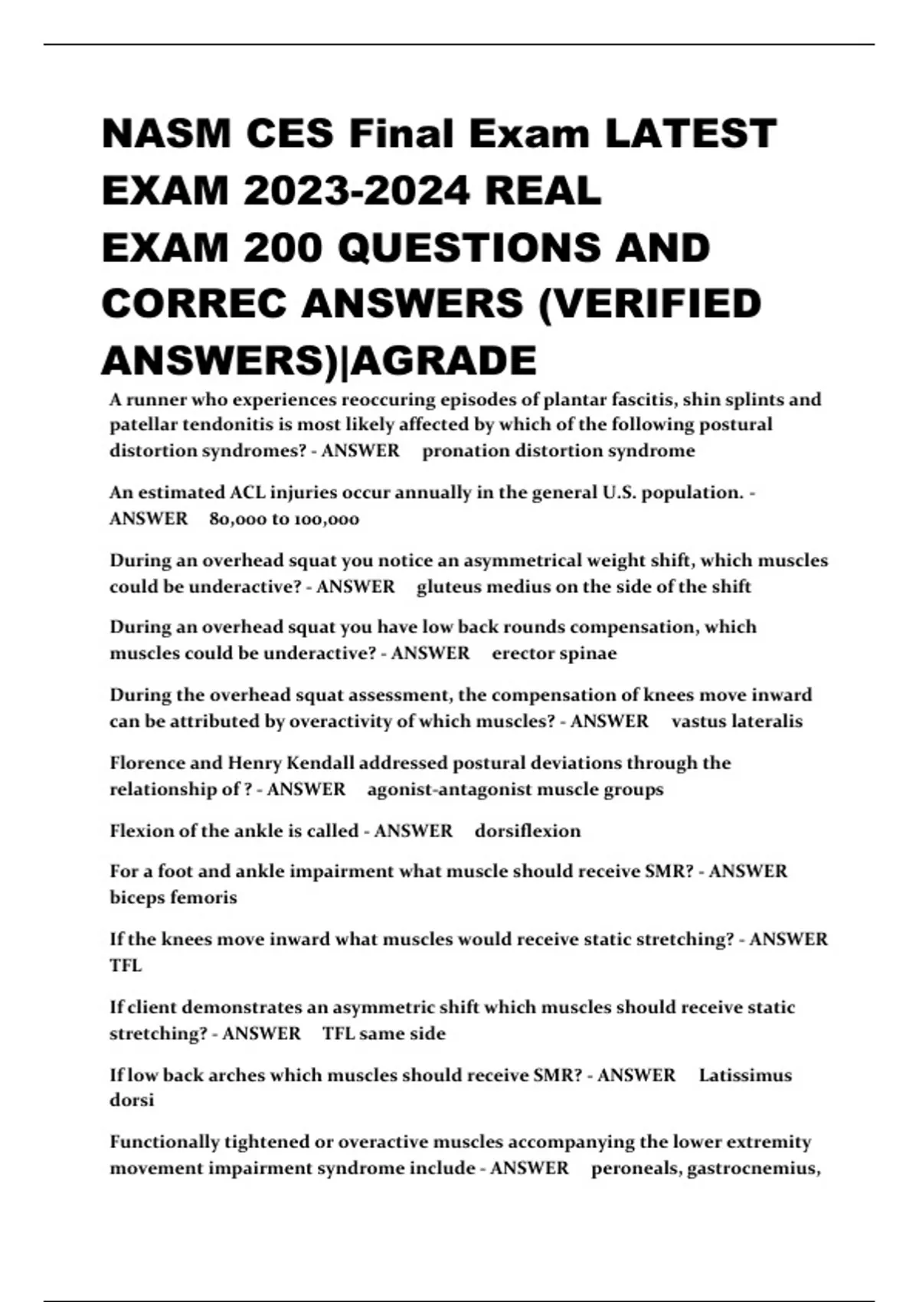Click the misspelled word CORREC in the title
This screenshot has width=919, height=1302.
click(x=195, y=304)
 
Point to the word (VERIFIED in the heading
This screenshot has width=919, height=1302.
click(x=650, y=304)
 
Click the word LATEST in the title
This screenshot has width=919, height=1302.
click(x=690, y=134)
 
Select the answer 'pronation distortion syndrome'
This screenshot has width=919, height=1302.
click(x=558, y=450)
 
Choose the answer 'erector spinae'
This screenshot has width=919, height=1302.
click(x=554, y=653)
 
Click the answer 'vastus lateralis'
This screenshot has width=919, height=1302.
click(x=737, y=721)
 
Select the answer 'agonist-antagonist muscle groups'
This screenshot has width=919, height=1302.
click(x=515, y=789)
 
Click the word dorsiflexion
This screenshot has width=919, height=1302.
click(x=528, y=831)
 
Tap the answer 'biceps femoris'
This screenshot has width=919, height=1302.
click(x=173, y=897)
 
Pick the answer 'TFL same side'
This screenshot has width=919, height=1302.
click(x=384, y=1033)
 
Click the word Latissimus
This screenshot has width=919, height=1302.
click(x=745, y=1075)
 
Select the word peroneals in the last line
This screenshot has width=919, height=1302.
click(x=636, y=1168)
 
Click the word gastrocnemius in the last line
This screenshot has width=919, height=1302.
click(x=754, y=1168)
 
